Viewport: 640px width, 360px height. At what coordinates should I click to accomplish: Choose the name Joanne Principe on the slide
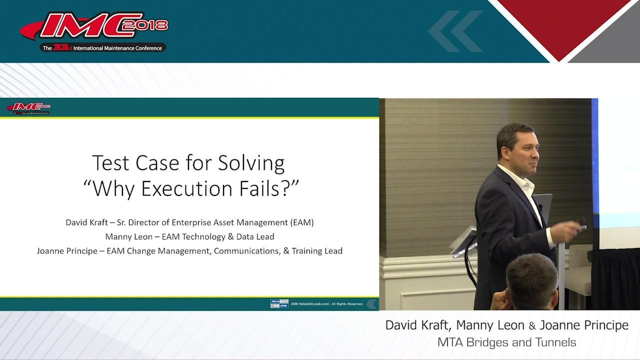pos(67,251)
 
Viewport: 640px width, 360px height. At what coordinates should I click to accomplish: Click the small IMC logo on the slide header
pos(28,107)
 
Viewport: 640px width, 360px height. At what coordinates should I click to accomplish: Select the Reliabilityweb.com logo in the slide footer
pos(279,303)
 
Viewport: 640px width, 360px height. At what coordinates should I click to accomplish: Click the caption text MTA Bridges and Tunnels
pos(506,342)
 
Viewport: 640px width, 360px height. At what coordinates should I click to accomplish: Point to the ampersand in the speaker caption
pos(532,326)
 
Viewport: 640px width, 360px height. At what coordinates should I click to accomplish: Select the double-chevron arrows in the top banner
pos(455,31)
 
